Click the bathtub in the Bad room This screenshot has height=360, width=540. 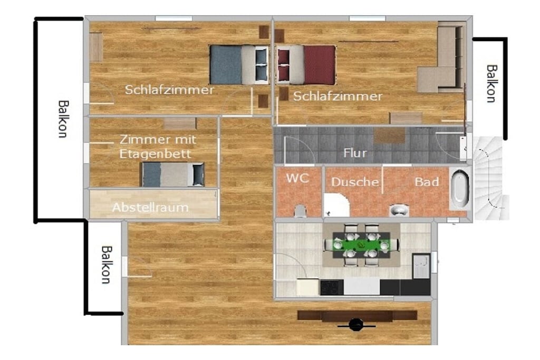[x=460, y=189]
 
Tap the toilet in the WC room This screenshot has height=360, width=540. [x=300, y=211]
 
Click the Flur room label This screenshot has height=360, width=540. [x=355, y=152]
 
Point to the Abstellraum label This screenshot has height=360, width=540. [x=150, y=208]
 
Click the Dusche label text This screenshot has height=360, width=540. [x=355, y=182]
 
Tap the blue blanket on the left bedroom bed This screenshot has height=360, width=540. [x=226, y=65]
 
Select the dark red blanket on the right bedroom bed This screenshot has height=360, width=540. [x=319, y=65]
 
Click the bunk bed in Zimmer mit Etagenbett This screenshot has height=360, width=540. [x=172, y=174]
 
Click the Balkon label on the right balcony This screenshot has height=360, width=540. [x=491, y=84]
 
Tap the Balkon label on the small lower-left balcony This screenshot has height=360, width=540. [x=106, y=264]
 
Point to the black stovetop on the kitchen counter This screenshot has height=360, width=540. [x=332, y=287]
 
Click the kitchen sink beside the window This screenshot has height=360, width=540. [x=421, y=266]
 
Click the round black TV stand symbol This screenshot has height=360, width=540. [x=356, y=324]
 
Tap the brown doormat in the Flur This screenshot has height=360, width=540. [x=390, y=135]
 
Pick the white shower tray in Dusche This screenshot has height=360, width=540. [x=336, y=205]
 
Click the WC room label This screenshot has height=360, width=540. [x=297, y=178]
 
